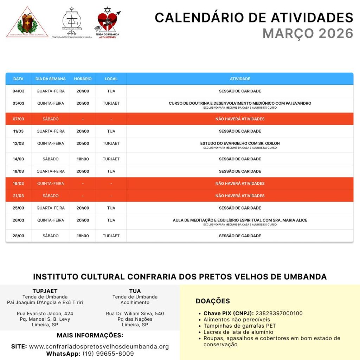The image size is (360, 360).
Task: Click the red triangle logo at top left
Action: tap(27, 22)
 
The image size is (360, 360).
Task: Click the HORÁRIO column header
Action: tap(83, 79)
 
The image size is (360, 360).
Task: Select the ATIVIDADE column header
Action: tap(240, 79)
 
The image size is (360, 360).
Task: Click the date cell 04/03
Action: tap(18, 91)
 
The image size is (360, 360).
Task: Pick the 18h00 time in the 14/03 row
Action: tap(83, 159)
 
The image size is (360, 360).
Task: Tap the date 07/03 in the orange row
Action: tap(18, 119)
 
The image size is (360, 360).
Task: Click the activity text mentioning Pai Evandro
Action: tap(240, 103)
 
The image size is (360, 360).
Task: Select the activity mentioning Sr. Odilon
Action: tap(240, 143)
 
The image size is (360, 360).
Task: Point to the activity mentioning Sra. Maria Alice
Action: tap(240, 220)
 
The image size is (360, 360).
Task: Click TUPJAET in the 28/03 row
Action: tap(111, 236)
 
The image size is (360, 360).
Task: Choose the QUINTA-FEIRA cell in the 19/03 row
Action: tap(51, 184)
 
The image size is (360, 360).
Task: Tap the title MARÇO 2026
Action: tap(308, 33)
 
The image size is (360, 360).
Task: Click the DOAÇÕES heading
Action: tap(213, 301)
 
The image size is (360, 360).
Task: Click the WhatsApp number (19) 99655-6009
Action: tap(108, 354)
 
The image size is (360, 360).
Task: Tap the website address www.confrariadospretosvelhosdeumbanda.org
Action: tap(99, 347)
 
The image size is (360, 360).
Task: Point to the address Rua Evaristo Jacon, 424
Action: tap(45, 314)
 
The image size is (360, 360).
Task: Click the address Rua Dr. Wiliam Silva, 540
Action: tap(135, 314)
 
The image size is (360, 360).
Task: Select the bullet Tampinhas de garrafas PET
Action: tap(240, 326)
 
